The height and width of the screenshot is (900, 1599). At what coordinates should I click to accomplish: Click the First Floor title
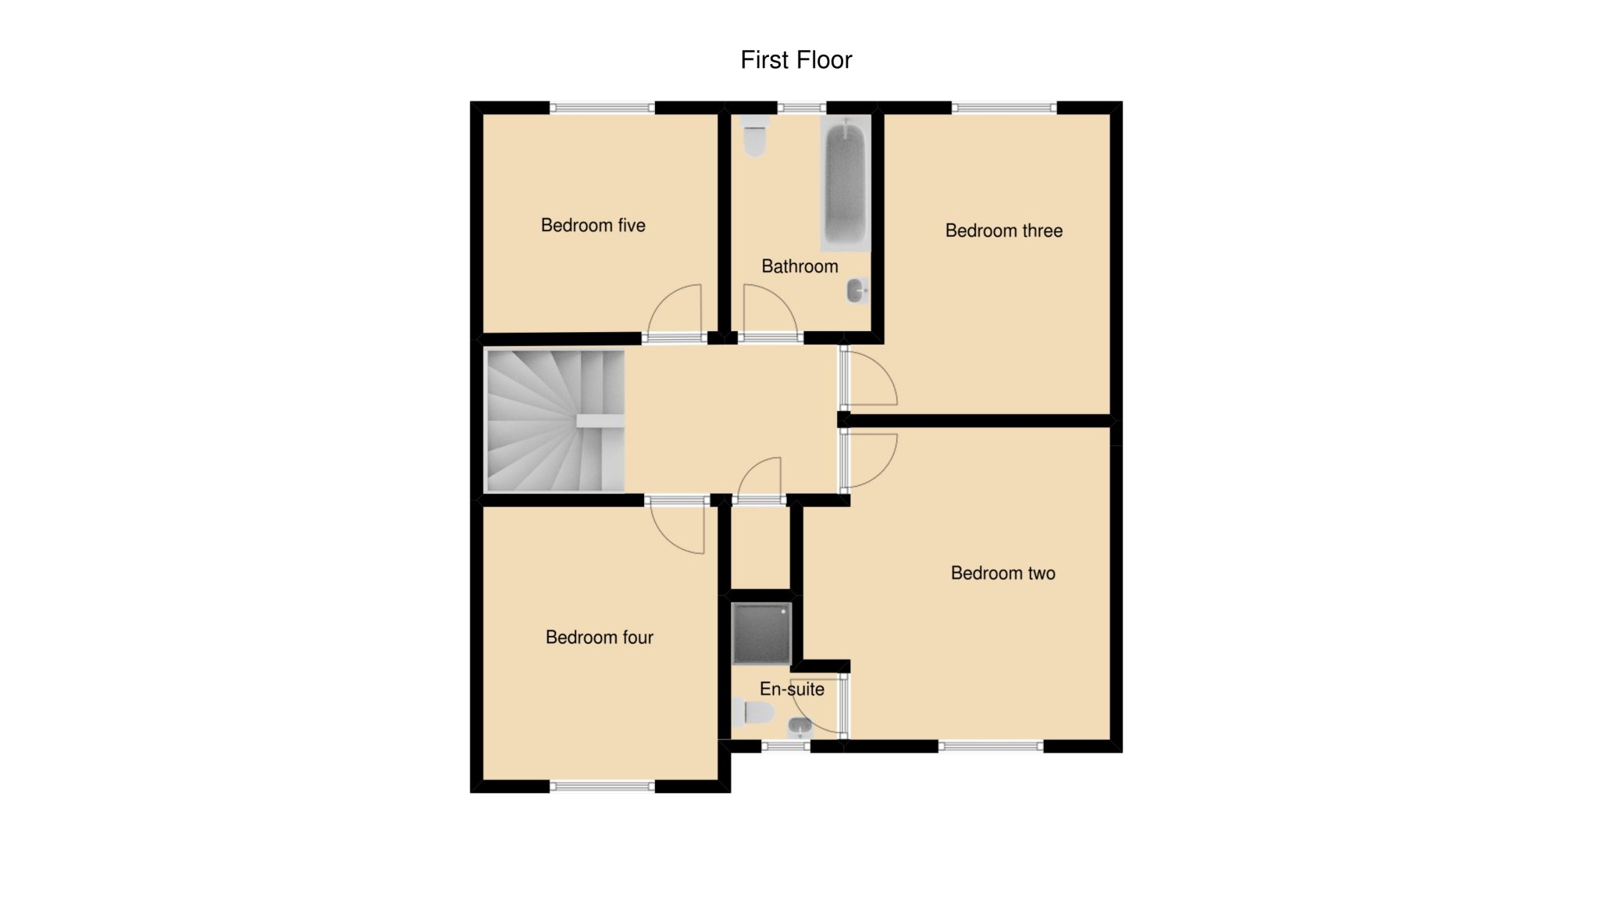(796, 60)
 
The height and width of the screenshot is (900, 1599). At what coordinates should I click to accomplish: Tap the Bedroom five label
(593, 226)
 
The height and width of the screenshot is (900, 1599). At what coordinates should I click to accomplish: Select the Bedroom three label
(1004, 230)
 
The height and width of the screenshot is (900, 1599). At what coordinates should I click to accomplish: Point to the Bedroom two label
(1003, 573)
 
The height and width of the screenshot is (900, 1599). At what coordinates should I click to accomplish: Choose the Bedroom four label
(600, 637)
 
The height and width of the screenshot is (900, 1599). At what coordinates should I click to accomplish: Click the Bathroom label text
(800, 266)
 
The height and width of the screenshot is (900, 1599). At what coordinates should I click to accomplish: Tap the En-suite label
(792, 689)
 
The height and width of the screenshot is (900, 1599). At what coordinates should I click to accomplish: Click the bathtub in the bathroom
(846, 184)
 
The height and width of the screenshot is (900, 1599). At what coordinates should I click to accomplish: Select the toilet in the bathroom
(754, 136)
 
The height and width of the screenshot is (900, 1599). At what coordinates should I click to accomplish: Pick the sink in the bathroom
(857, 291)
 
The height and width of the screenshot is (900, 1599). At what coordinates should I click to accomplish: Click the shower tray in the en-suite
(762, 633)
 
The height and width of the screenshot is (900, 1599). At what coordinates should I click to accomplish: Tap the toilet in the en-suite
(753, 712)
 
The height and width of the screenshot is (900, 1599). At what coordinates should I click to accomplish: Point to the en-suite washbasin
(799, 728)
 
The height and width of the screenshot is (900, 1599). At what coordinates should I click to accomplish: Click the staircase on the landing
(555, 421)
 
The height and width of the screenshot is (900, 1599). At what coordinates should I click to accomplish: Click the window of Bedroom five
(602, 109)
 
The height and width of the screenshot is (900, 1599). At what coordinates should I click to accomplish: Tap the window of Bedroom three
(1004, 109)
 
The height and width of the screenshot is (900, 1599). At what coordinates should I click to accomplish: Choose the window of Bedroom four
(602, 787)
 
